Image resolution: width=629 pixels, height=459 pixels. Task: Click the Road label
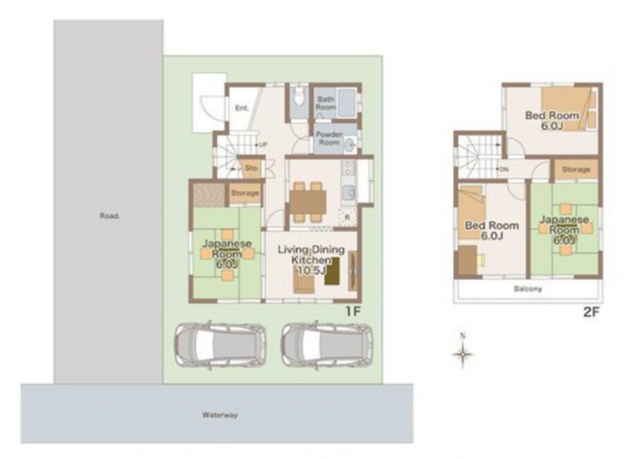click(x=109, y=216)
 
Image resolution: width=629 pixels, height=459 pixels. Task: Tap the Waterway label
click(x=220, y=416)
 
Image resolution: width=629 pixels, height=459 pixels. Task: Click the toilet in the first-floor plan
click(x=298, y=96)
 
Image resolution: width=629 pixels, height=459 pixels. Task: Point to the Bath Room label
click(x=326, y=103)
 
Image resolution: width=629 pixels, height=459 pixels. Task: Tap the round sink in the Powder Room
click(x=350, y=144)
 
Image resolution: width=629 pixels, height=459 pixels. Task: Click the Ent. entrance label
click(x=242, y=108)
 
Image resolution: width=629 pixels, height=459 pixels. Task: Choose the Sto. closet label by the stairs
click(x=252, y=168)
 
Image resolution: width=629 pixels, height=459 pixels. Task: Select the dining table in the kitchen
click(x=308, y=202)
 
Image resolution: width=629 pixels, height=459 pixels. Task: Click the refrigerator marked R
click(x=347, y=218)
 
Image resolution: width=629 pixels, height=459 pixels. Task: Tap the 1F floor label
click(x=353, y=312)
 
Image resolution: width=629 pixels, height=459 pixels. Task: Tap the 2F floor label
click(x=591, y=312)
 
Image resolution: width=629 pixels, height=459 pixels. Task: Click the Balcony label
click(x=528, y=289)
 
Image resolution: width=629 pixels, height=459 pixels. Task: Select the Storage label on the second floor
click(x=576, y=170)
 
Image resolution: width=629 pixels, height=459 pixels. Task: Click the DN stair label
click(x=504, y=170)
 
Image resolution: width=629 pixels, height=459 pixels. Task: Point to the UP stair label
click(x=263, y=145)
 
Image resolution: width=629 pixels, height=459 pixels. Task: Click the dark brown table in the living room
click(x=332, y=272)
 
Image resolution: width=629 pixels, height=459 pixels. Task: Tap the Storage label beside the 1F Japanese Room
click(x=245, y=193)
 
